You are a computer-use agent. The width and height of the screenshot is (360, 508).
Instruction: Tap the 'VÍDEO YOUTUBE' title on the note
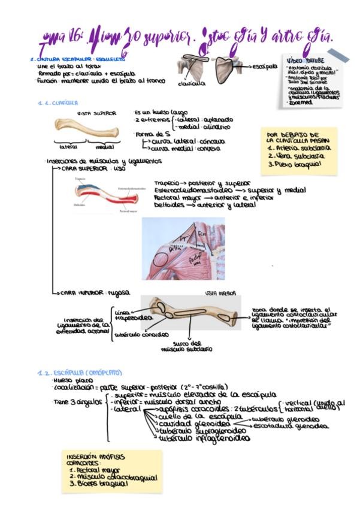point(306,61)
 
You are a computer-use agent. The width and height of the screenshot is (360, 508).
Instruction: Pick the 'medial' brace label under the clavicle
point(104,146)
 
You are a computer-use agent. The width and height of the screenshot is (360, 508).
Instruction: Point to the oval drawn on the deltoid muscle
point(160,259)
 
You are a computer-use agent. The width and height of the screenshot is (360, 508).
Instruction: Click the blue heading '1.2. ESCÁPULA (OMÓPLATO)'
point(79,373)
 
